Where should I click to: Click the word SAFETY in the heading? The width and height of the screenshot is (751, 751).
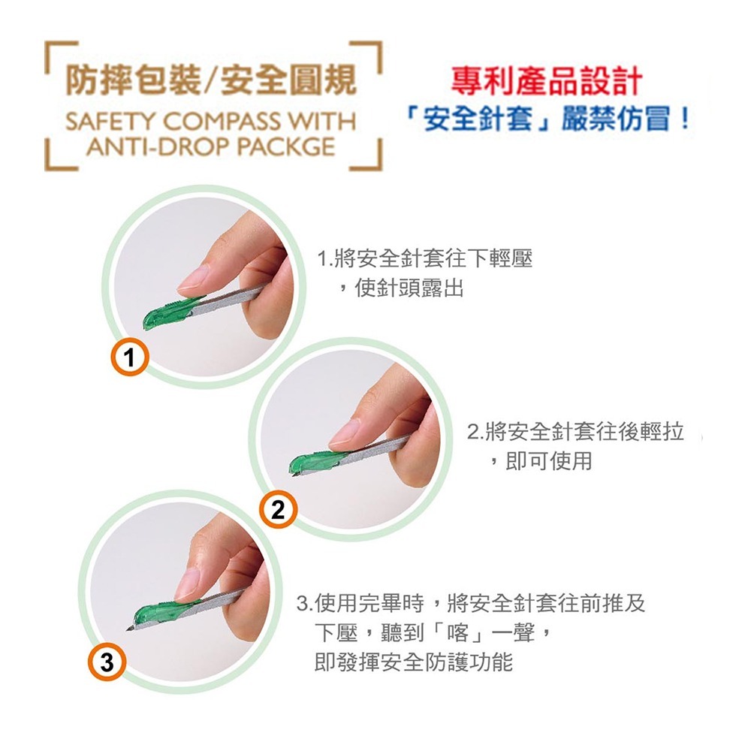click(x=110, y=122)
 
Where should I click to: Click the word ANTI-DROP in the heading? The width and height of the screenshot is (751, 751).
click(x=159, y=145)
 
